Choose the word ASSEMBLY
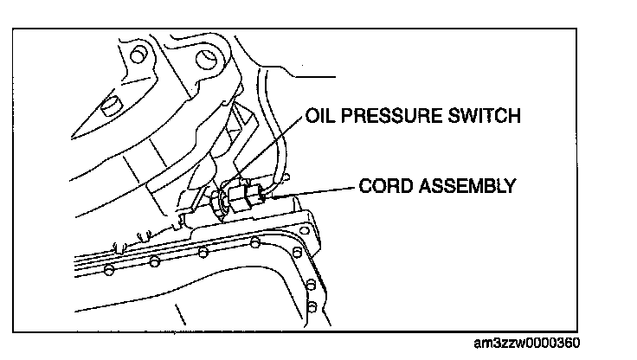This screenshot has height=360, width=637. coord(466,186)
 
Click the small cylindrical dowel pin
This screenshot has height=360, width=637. coord(107,108)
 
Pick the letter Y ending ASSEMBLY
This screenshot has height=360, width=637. coord(513,186)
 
